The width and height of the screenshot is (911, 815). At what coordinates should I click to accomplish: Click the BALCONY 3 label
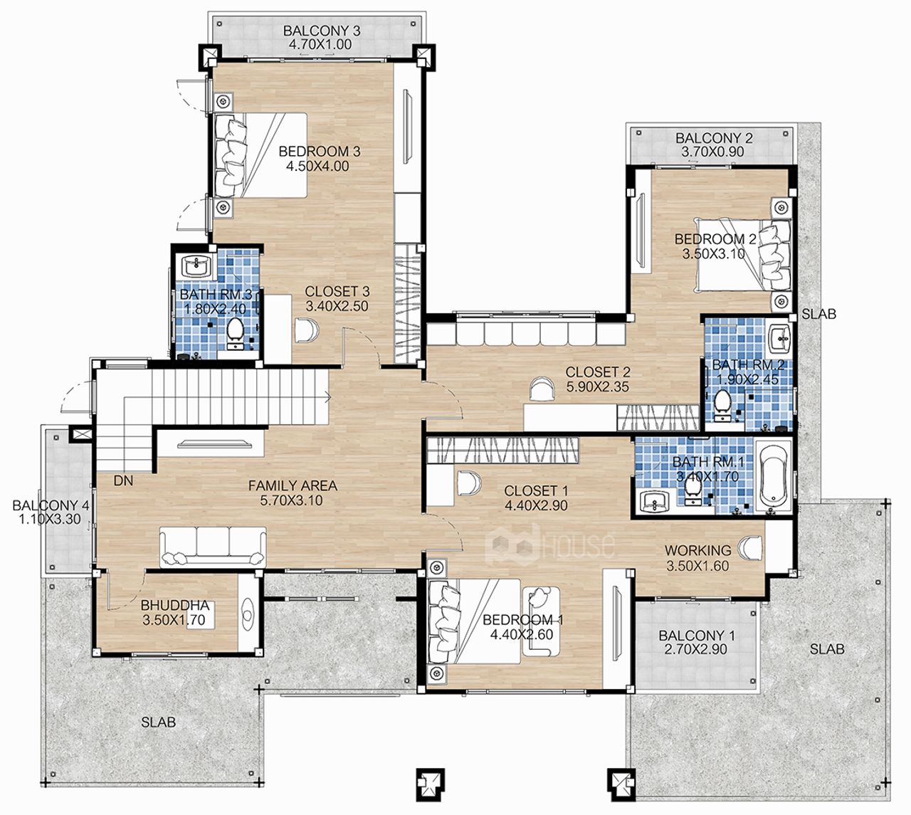click(x=322, y=31)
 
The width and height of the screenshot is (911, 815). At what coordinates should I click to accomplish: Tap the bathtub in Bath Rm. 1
click(x=773, y=476)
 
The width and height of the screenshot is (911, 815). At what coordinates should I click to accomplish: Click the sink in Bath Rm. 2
click(x=781, y=337)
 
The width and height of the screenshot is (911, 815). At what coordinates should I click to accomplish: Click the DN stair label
click(x=123, y=481)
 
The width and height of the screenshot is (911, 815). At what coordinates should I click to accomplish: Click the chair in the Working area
click(x=750, y=549)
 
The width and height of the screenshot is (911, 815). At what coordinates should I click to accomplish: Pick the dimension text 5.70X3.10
click(x=291, y=500)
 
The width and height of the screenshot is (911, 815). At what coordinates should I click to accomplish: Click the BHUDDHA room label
click(x=175, y=606)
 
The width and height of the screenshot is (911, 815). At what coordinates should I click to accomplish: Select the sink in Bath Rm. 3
click(x=196, y=266)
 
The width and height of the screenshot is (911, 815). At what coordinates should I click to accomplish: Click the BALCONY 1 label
click(x=697, y=636)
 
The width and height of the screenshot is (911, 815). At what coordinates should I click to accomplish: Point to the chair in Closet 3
click(x=307, y=330)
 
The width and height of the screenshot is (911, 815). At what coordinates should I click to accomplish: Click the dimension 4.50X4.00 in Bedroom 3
click(x=317, y=166)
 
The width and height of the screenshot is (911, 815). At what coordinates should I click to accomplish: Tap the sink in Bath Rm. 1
click(x=655, y=502)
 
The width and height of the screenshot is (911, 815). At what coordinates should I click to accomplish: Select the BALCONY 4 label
click(x=51, y=505)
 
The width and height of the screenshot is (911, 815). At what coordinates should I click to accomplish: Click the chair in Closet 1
click(x=469, y=483)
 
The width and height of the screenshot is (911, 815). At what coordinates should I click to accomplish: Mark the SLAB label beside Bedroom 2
click(x=818, y=314)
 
